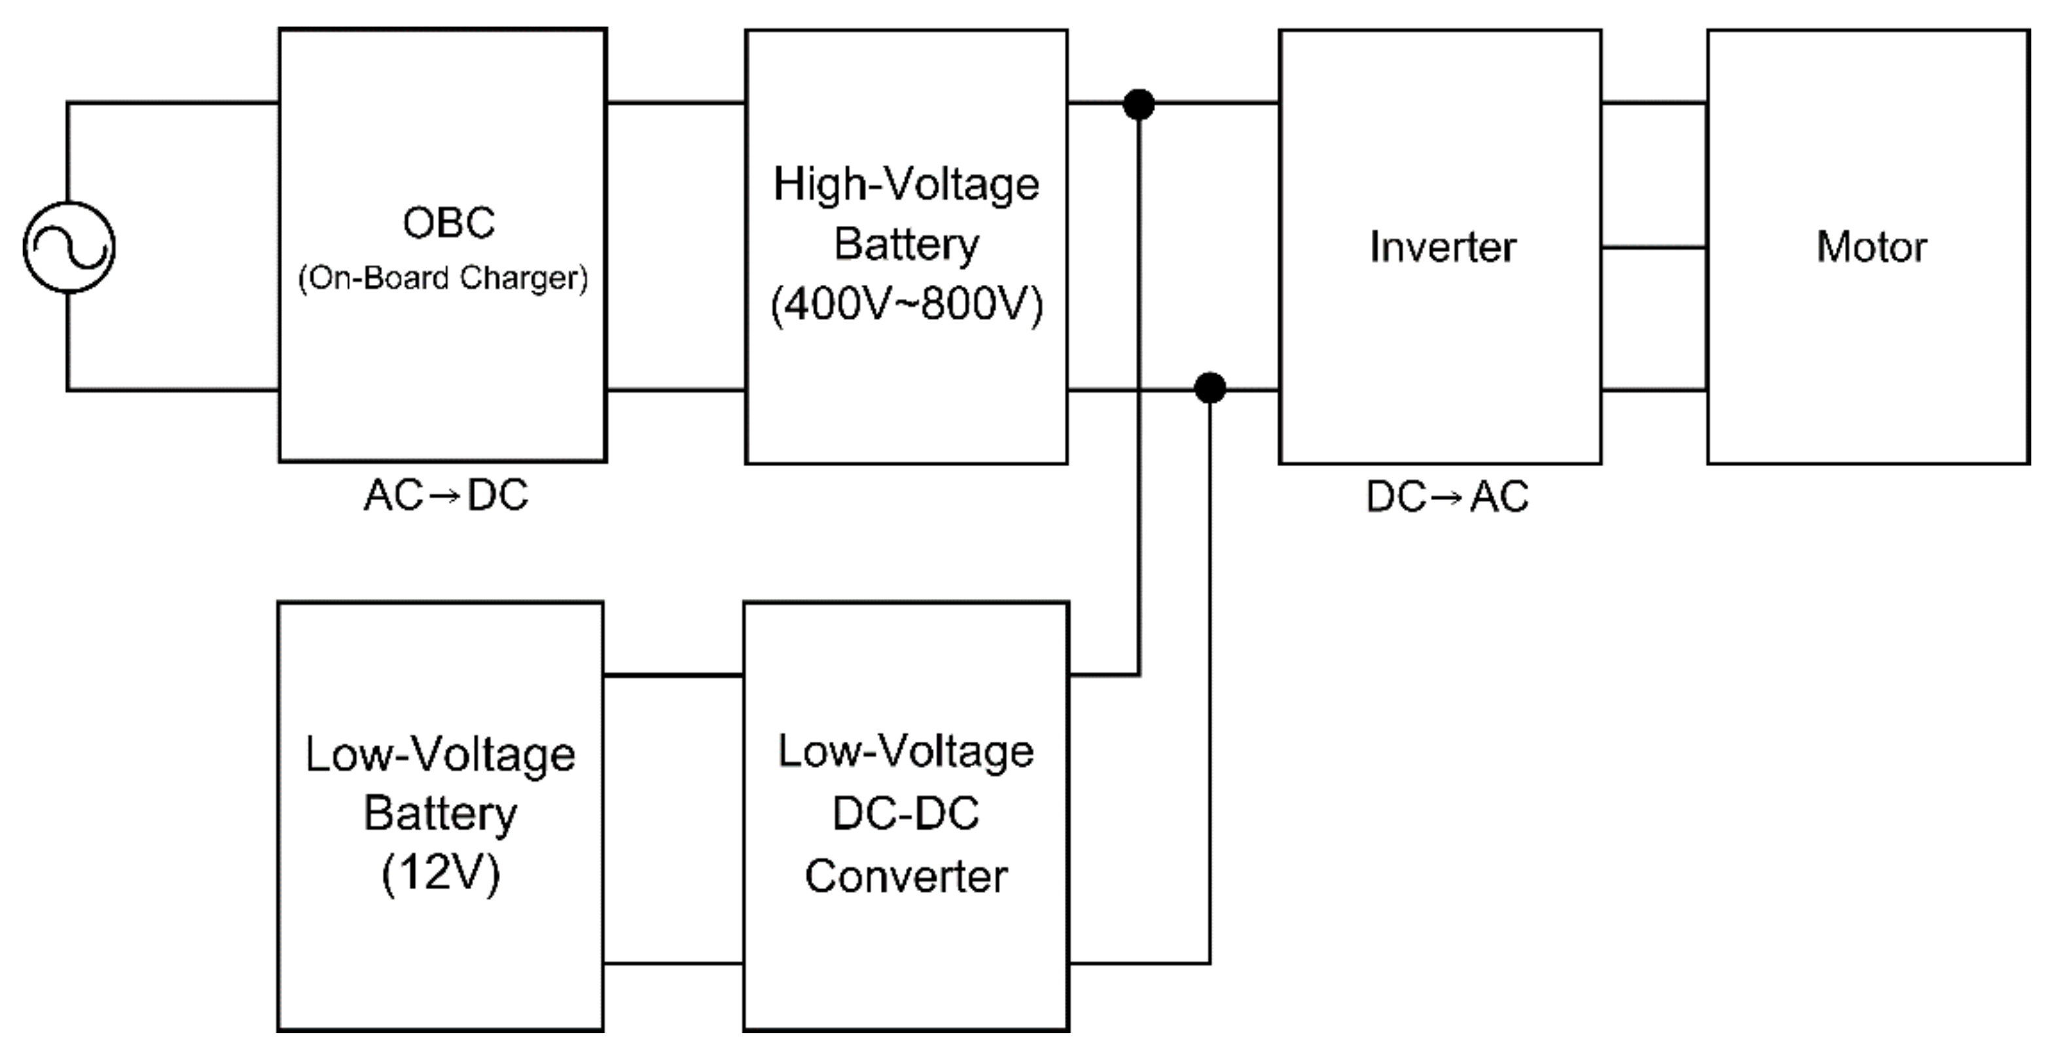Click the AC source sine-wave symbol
(x=69, y=247)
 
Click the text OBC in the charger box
(x=448, y=223)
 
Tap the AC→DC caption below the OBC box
(x=446, y=495)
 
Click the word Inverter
(x=1443, y=247)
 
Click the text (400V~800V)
(x=906, y=304)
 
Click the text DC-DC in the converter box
(x=906, y=813)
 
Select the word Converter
(x=906, y=875)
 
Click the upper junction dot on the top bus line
(x=1139, y=104)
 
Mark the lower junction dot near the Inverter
(x=1210, y=388)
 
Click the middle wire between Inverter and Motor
(x=1654, y=247)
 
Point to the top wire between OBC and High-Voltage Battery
(x=675, y=103)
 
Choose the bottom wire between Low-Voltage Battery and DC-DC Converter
(x=673, y=962)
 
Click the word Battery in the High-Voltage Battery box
(x=906, y=244)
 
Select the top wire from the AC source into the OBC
(x=172, y=103)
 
